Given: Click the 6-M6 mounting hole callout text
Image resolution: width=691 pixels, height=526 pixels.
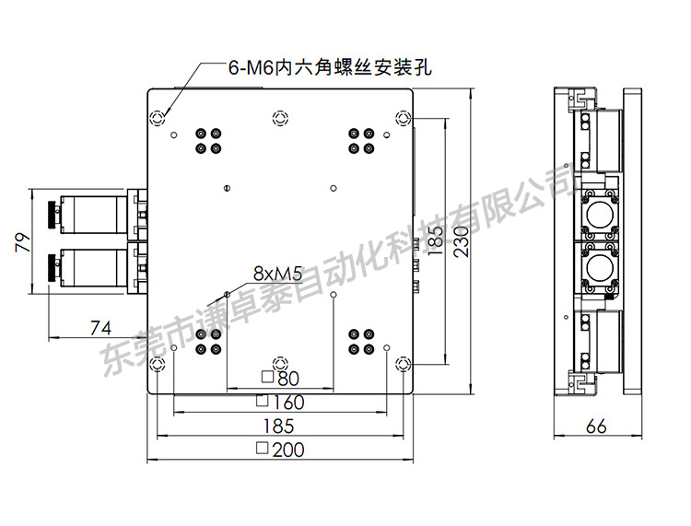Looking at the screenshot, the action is [330, 68].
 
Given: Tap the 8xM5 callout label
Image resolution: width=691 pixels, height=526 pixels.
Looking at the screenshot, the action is [277, 274].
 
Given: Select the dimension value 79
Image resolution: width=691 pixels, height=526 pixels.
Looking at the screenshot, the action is [23, 242].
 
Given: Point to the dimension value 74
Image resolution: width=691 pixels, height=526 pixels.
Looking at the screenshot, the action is [101, 328].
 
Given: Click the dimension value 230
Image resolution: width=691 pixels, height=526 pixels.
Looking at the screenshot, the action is [461, 241].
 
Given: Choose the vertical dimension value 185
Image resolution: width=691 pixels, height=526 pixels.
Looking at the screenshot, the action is [435, 240].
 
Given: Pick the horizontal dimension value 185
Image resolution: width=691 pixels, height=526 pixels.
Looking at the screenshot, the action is [278, 426].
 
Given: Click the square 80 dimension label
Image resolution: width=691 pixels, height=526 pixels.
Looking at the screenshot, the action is [281, 378].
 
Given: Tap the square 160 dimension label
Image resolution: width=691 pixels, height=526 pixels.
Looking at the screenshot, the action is [280, 402].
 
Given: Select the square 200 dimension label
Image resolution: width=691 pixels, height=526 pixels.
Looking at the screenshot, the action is [280, 450].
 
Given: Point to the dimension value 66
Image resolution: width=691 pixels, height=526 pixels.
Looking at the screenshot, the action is [596, 426].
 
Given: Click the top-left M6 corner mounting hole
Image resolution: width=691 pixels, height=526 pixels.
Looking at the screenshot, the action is [158, 118].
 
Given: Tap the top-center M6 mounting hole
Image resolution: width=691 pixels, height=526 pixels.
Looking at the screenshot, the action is [280, 118].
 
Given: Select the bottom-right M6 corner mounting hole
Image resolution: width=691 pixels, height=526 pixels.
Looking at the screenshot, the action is [404, 364].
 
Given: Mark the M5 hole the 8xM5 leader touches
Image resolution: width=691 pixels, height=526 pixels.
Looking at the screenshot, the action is [227, 294].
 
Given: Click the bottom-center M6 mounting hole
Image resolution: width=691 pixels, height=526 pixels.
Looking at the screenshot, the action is [280, 364].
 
